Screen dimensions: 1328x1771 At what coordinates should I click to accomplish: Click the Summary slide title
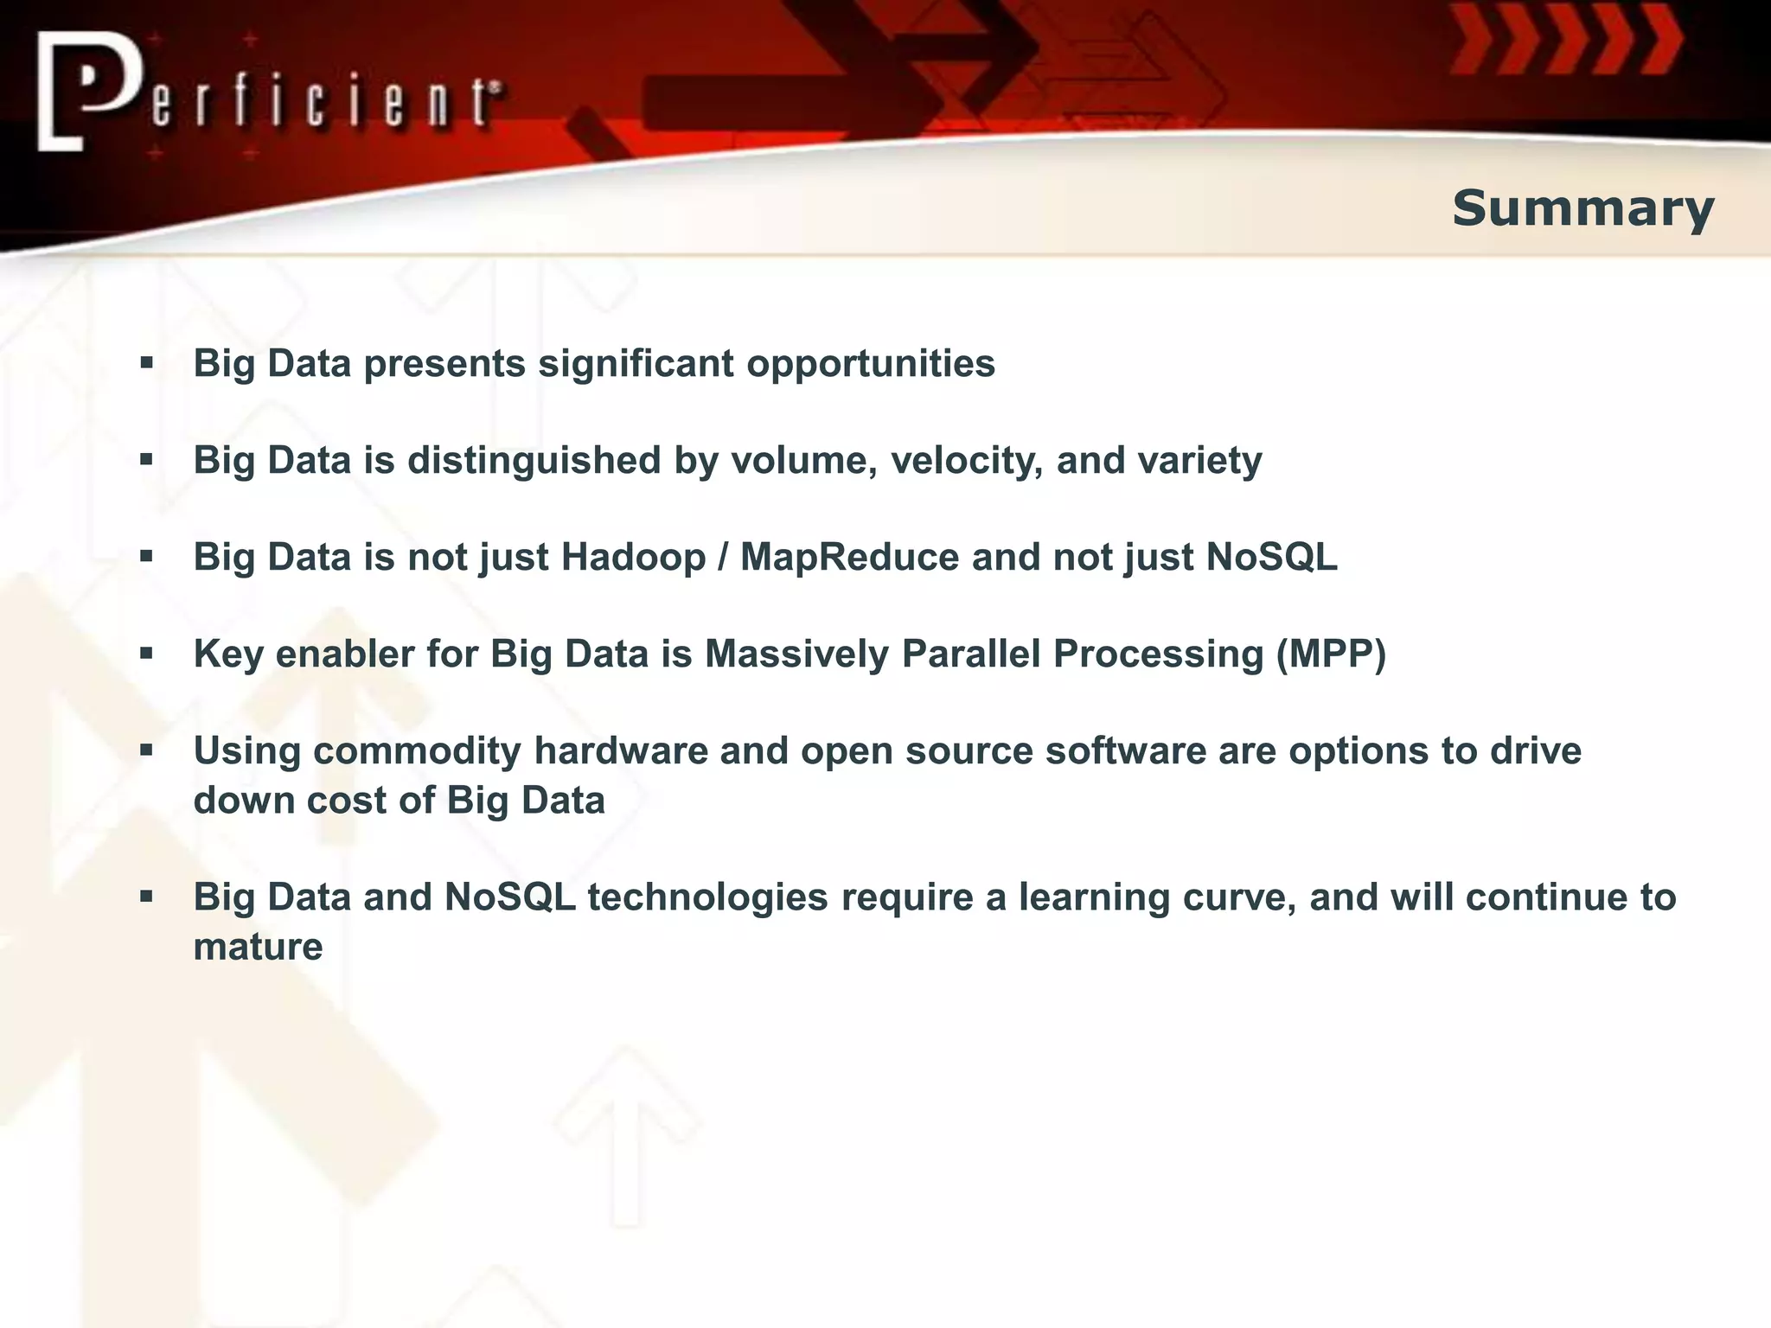pos(1582,209)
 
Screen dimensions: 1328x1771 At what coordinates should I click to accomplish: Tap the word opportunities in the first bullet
pos(871,363)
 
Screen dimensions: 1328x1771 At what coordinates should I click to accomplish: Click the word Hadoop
pos(633,557)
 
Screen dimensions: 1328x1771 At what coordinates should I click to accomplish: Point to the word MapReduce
pos(849,557)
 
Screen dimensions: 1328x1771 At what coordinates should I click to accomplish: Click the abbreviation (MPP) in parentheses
pos(1331,654)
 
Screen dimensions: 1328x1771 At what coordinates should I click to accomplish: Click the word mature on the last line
pos(258,947)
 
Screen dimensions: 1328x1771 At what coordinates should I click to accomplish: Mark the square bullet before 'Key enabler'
pos(146,654)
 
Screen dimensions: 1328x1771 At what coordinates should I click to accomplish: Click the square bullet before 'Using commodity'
pos(146,750)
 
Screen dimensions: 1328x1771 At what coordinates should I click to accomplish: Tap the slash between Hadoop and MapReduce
pos(723,557)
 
